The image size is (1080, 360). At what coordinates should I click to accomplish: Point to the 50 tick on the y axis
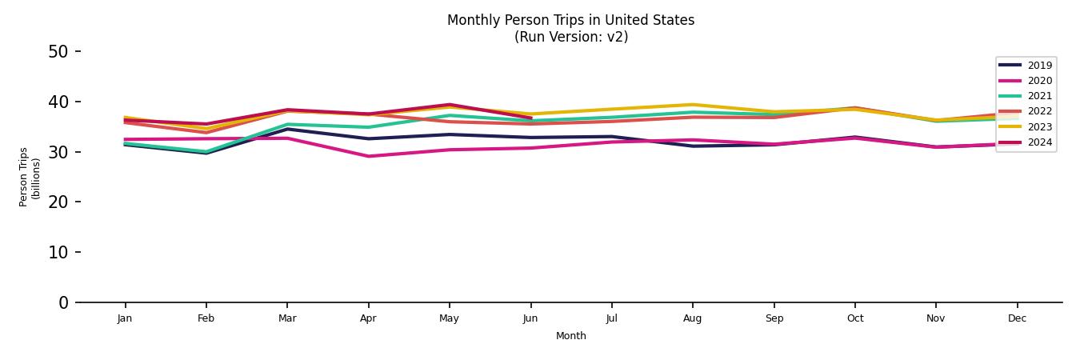58,52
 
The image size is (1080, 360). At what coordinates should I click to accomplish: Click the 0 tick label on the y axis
63,302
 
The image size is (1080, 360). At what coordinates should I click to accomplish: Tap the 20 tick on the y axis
58,202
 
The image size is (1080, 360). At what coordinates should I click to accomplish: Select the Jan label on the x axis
125,318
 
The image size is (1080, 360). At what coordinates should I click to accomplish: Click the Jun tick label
530,318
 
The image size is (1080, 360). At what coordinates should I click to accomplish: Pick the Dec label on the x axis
1017,318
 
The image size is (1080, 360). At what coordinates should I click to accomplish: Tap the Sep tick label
774,318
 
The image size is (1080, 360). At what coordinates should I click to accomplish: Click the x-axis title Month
571,336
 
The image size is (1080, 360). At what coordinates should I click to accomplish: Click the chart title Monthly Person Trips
570,20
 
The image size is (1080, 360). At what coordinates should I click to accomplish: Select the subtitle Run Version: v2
570,37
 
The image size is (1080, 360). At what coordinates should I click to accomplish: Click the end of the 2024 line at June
530,118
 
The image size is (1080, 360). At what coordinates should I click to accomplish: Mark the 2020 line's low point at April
368,156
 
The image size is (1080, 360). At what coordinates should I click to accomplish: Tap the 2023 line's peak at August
693,105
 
